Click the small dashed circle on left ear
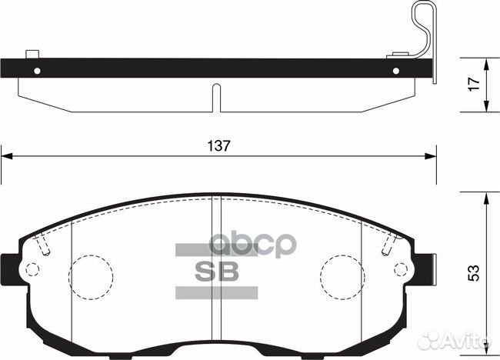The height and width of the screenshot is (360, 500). (32, 270)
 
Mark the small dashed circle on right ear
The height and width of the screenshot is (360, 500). (402, 270)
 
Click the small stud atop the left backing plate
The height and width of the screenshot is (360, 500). (32, 54)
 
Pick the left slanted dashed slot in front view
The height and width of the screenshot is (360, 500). (44, 245)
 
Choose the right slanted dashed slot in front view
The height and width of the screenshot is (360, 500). (388, 245)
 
